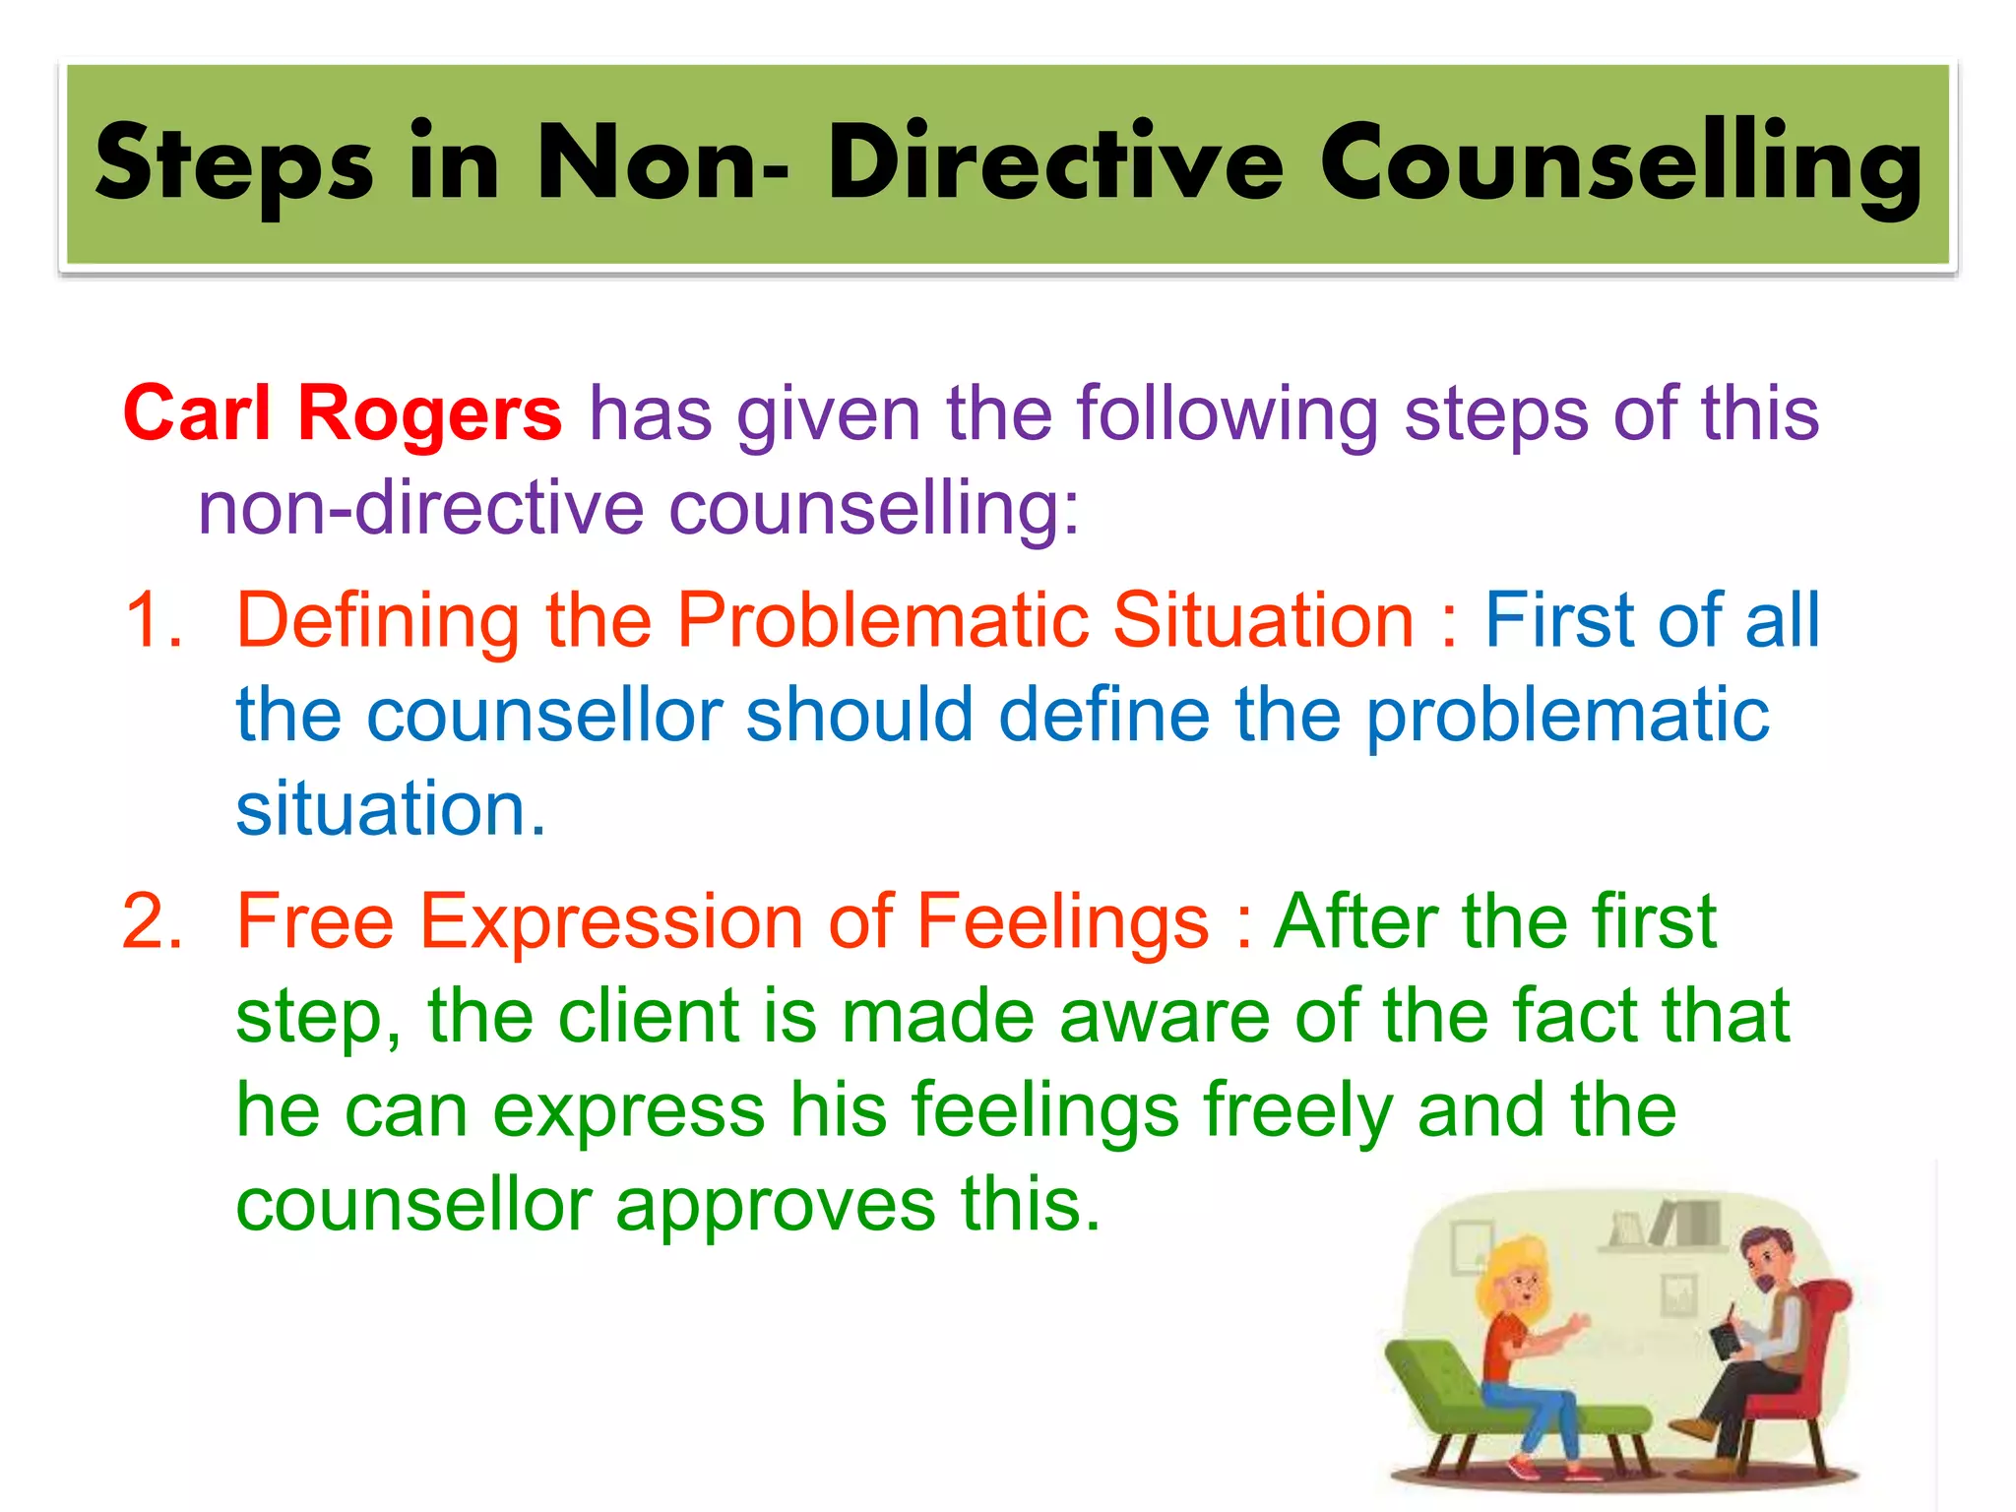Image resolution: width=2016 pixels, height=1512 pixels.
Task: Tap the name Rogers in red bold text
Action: (x=429, y=413)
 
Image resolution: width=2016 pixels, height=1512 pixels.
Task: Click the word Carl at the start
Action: (x=197, y=413)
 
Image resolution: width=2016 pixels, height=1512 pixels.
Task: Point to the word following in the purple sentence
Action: (x=1227, y=413)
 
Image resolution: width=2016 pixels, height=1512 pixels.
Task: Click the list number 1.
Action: (x=154, y=620)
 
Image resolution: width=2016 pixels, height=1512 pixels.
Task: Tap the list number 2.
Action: (x=154, y=921)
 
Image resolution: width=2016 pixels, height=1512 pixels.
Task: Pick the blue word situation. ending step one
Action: (x=390, y=809)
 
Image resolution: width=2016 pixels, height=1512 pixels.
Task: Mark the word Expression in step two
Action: (x=611, y=921)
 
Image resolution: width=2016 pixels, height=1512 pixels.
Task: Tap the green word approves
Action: (x=776, y=1205)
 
